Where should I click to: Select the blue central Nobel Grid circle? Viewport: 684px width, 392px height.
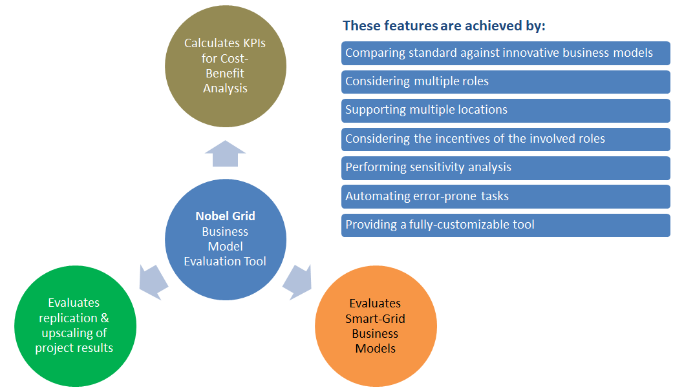224,239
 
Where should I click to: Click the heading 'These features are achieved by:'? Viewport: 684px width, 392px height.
444,26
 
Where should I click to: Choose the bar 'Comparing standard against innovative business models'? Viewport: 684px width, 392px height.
506,53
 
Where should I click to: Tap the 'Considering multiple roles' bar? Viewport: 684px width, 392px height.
506,81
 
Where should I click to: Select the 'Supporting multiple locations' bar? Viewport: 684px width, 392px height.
506,110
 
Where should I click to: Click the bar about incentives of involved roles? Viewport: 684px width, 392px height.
506,139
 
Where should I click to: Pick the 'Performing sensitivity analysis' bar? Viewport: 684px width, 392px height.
506,167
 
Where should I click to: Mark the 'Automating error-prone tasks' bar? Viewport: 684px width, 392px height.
506,196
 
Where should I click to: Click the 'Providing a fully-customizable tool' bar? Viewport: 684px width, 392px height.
506,225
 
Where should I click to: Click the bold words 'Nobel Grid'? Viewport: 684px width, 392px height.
224,216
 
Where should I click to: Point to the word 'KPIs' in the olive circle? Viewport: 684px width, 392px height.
252,43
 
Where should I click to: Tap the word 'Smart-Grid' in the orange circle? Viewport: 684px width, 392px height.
375,318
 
